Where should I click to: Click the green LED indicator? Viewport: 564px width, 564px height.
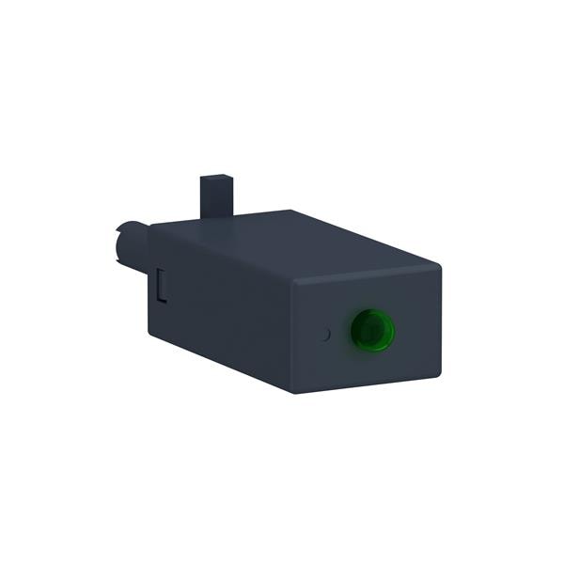click(372, 329)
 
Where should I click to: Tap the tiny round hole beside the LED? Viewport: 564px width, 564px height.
click(325, 333)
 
